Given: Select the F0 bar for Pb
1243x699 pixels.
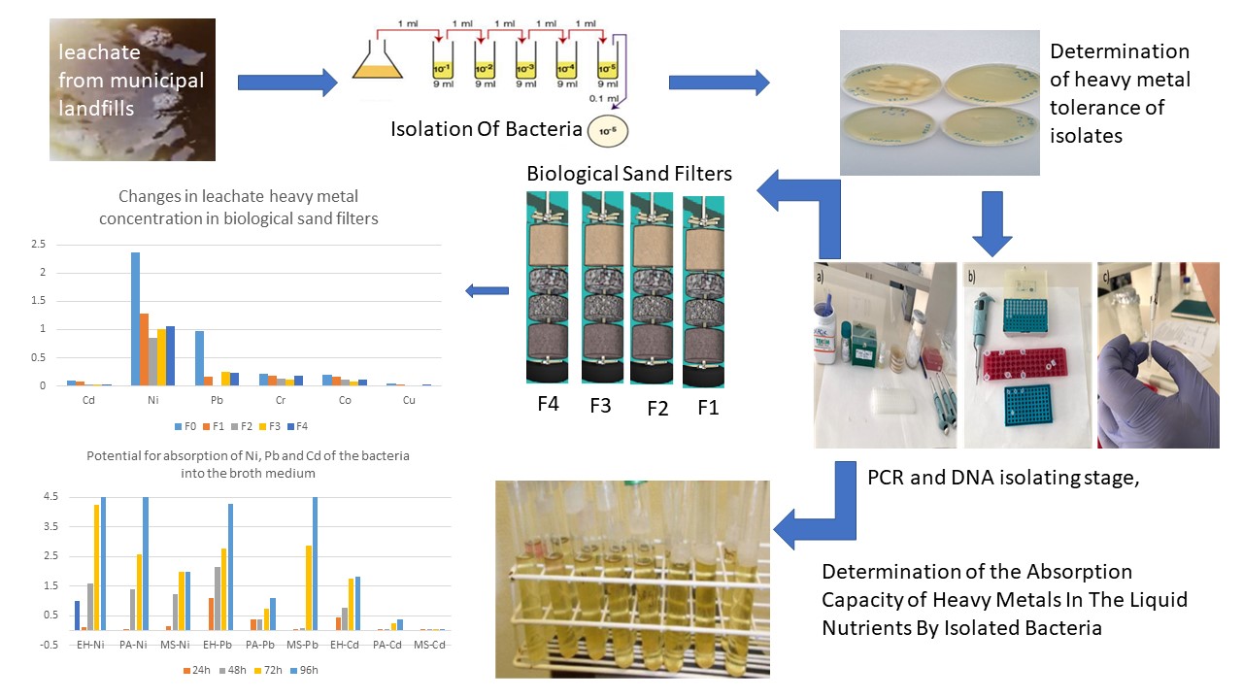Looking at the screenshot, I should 199,358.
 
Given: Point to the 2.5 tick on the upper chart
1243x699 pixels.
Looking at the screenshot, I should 38,245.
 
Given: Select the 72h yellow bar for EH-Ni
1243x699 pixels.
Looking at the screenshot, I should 96,567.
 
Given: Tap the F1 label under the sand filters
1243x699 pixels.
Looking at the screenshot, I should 708,407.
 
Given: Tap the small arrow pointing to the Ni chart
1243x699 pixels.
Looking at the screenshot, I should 487,290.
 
